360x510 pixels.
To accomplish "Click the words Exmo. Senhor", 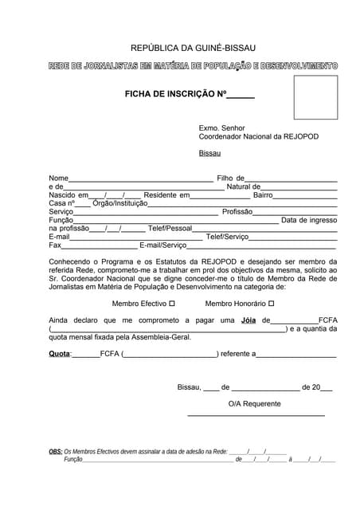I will pyautogui.click(x=222, y=127).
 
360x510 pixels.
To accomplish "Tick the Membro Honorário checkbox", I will pyautogui.click(x=272, y=304).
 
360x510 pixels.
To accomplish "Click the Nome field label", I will pyautogui.click(x=58, y=178).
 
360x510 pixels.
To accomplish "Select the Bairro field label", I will pyautogui.click(x=263, y=194).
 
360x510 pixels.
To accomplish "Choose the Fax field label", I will pyautogui.click(x=55, y=245).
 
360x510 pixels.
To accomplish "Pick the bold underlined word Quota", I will pyautogui.click(x=60, y=353).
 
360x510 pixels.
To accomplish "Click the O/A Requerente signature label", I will pyautogui.click(x=254, y=404).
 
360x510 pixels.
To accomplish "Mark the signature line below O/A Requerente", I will pyautogui.click(x=256, y=415).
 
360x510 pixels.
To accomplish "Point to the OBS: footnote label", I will pyautogui.click(x=56, y=451).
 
